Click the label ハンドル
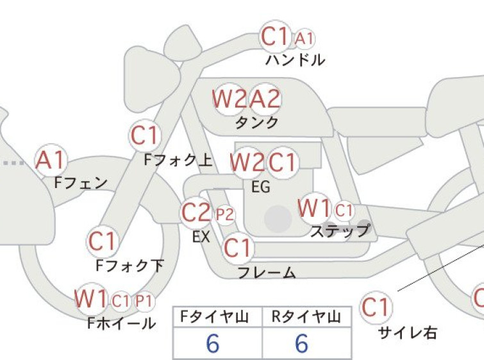(x=295, y=60)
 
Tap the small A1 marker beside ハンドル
(x=305, y=39)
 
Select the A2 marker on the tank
(x=265, y=99)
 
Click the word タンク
(x=257, y=123)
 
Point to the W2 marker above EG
(x=247, y=162)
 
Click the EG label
(x=261, y=187)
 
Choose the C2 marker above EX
(x=196, y=212)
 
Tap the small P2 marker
(x=225, y=214)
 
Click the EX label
(x=201, y=237)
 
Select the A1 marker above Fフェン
(x=51, y=160)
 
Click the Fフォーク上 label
(x=178, y=160)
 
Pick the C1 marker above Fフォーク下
(x=102, y=241)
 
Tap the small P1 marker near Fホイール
(x=144, y=300)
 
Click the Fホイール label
(x=122, y=323)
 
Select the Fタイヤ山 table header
(x=215, y=317)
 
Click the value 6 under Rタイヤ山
(x=301, y=343)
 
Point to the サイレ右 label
(x=408, y=333)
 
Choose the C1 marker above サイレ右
(x=376, y=307)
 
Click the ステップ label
(x=340, y=230)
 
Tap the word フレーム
(x=267, y=273)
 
